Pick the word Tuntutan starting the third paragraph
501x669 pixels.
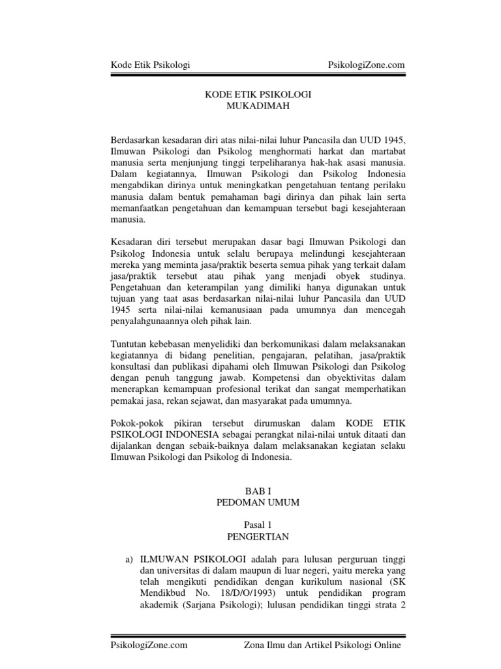128,345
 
